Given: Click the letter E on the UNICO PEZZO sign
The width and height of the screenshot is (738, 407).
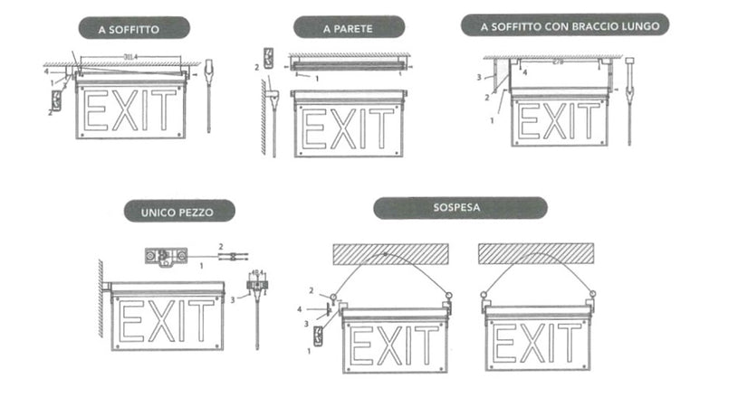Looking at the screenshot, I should pyautogui.click(x=131, y=321).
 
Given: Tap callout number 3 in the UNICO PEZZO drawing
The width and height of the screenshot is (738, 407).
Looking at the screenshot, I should pyautogui.click(x=231, y=298).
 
